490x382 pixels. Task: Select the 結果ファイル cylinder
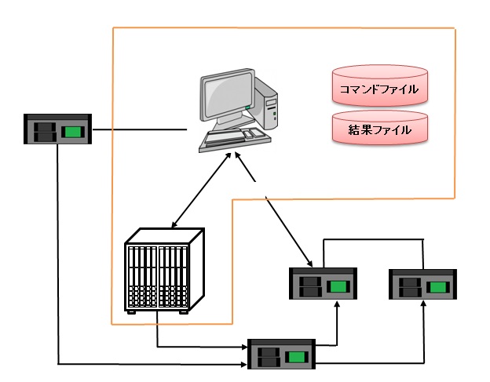tap(379, 129)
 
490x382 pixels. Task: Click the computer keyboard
tap(234, 139)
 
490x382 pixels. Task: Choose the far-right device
tap(422, 283)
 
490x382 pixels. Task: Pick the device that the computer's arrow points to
tap(323, 283)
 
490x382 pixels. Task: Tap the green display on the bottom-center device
tap(298, 357)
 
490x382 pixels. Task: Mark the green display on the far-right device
tap(438, 286)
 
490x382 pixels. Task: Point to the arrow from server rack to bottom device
tap(196, 345)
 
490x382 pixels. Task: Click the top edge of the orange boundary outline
tap(283, 29)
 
